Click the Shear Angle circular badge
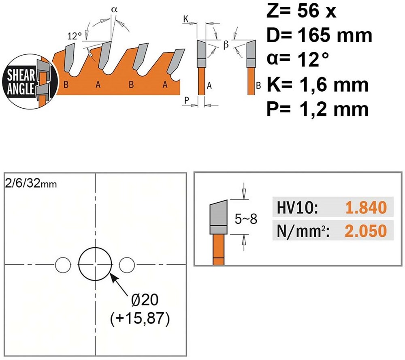30,81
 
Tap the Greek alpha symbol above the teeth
114,10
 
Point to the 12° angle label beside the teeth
75,36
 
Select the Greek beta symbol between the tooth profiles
226,45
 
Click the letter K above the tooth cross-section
186,19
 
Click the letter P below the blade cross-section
186,101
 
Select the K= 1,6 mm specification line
318,84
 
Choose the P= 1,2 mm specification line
318,109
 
